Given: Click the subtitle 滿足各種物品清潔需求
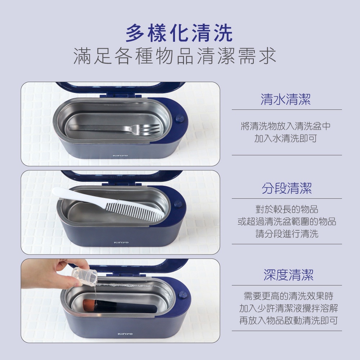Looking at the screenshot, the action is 175,56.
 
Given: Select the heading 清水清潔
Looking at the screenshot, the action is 285,99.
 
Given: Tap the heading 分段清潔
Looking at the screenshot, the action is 287,188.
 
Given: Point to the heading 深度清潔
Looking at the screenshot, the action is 288,275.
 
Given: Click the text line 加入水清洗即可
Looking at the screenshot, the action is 285,139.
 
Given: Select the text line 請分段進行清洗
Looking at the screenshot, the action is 287,234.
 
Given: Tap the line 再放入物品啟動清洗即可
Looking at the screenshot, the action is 288,320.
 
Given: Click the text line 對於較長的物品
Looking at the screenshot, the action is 287,209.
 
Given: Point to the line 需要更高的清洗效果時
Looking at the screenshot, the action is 288,296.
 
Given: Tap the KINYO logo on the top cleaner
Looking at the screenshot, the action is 120,156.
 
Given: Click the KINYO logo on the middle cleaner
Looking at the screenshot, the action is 121,242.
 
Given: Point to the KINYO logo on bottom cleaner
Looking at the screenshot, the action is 125,334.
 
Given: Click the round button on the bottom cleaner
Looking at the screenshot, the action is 183,294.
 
